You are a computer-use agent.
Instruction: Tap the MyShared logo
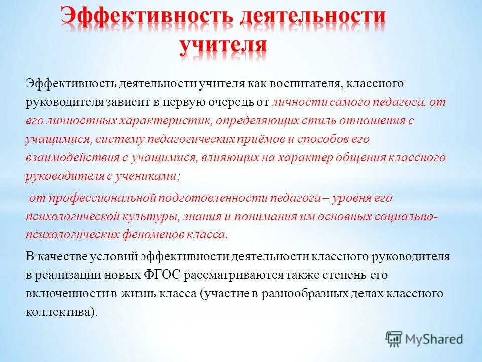[x=424, y=339]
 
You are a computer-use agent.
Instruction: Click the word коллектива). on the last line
[x=61, y=312]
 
